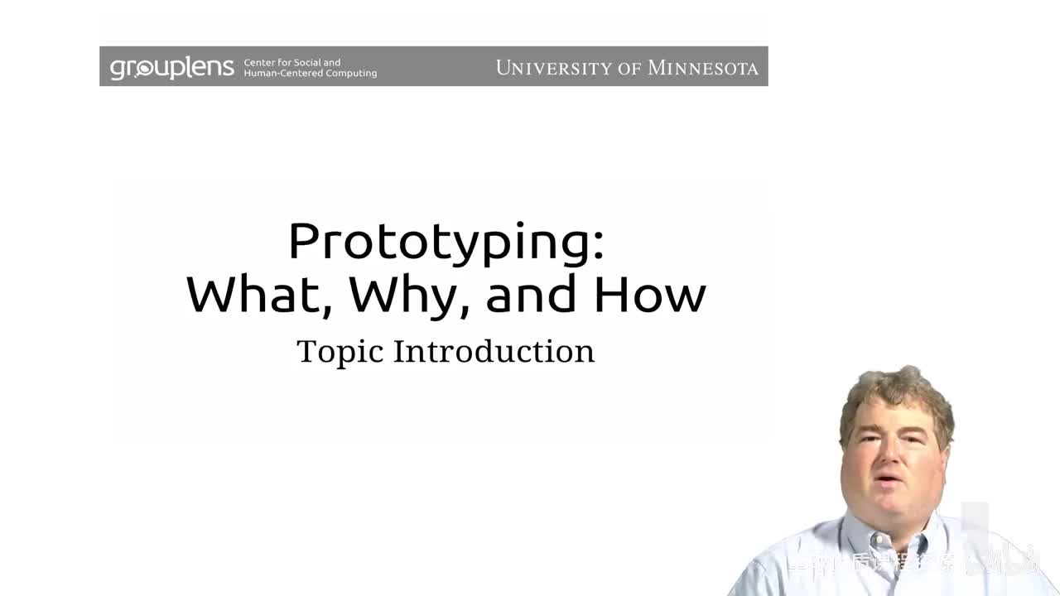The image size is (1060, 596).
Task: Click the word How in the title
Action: click(x=650, y=293)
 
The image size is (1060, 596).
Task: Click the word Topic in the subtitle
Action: click(x=340, y=352)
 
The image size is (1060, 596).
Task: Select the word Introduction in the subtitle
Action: click(x=494, y=351)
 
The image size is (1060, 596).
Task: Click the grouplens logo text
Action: click(x=172, y=67)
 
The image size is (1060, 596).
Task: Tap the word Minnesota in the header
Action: click(x=702, y=68)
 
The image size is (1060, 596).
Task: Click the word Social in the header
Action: click(x=309, y=62)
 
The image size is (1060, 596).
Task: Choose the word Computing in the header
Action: click(x=351, y=73)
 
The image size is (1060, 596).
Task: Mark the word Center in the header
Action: click(x=260, y=62)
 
